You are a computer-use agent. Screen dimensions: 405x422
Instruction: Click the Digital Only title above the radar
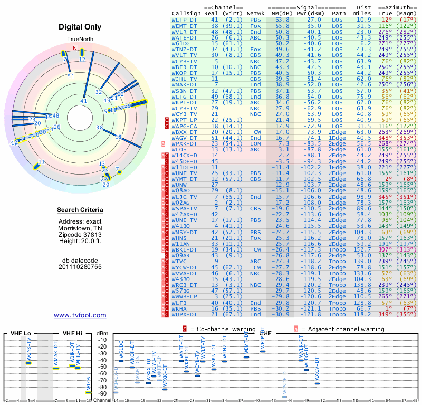click(x=80, y=27)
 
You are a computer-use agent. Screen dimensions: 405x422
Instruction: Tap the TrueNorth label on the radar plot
click(x=80, y=40)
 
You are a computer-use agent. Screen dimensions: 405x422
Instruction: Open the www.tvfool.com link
click(x=80, y=315)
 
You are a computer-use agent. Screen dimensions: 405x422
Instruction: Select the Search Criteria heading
click(x=80, y=210)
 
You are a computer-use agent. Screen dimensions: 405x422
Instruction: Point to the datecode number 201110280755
click(x=80, y=266)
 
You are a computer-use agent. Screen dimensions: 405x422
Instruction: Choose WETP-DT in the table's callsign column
click(x=185, y=19)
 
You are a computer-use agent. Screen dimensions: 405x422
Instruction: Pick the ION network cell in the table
click(x=256, y=143)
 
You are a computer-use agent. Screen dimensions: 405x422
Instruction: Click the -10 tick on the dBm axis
click(x=102, y=340)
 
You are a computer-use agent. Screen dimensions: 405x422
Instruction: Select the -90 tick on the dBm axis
click(x=102, y=393)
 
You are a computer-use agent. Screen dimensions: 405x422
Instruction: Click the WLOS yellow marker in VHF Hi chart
click(x=89, y=392)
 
